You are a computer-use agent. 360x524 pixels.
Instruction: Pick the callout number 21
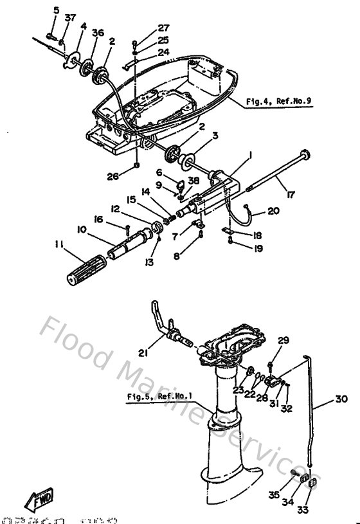(x=143, y=351)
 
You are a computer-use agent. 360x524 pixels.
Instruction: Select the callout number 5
(x=55, y=10)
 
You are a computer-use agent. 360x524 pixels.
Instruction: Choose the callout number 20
(x=273, y=211)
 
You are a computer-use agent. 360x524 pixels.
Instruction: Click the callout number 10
(x=82, y=230)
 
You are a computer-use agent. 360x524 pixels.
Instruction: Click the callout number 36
(x=98, y=33)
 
